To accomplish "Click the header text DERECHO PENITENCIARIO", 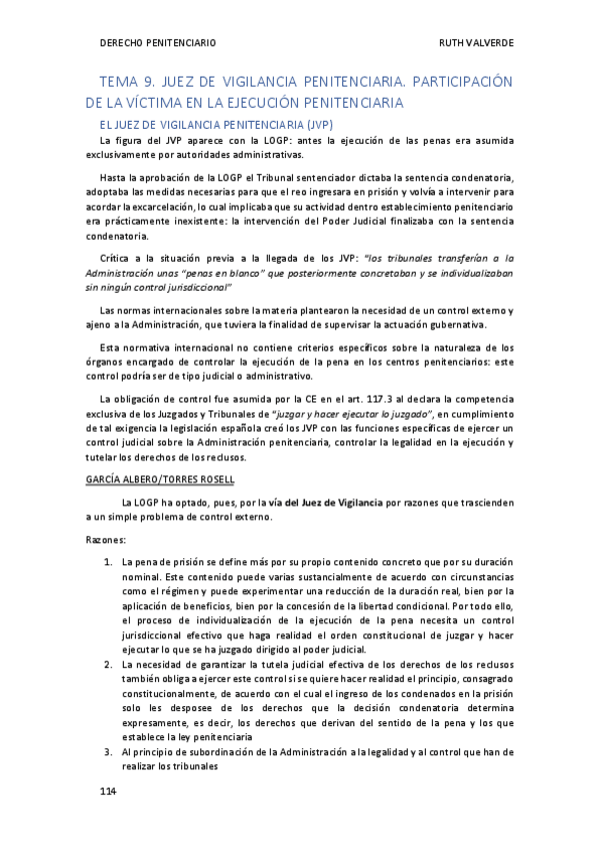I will (157, 43).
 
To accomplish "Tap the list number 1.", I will (108, 563).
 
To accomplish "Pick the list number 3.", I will (108, 751).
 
